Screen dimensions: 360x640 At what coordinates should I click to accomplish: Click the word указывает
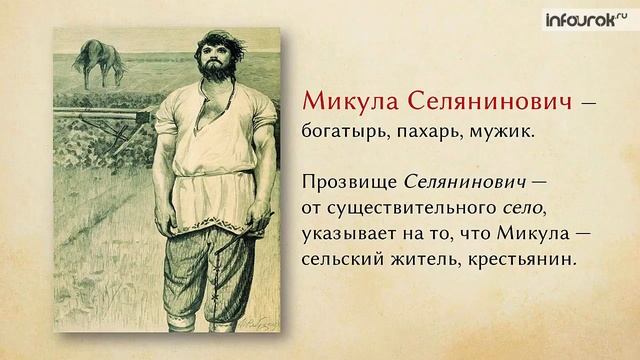(x=345, y=233)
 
